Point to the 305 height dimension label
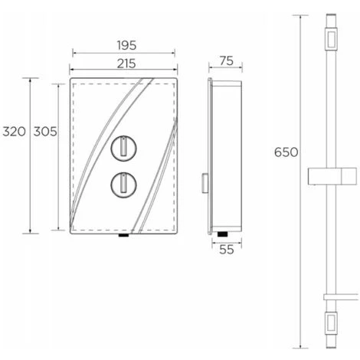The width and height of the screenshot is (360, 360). pyautogui.click(x=45, y=131)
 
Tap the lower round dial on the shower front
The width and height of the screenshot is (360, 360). pyautogui.click(x=123, y=183)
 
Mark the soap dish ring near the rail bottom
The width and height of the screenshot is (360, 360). pyautogui.click(x=331, y=294)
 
